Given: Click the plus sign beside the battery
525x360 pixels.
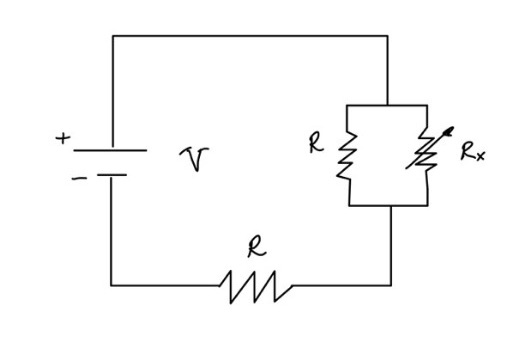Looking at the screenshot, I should pyautogui.click(x=63, y=140).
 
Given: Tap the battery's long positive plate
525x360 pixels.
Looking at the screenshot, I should pyautogui.click(x=110, y=152).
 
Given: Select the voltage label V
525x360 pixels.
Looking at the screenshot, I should pyautogui.click(x=191, y=158).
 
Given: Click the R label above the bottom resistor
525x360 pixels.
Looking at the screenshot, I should pyautogui.click(x=256, y=248).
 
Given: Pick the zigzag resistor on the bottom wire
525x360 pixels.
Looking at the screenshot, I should pyautogui.click(x=256, y=287).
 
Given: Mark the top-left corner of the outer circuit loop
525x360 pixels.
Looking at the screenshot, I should pyautogui.click(x=113, y=36).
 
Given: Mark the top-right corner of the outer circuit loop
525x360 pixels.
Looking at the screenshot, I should pyautogui.click(x=387, y=36).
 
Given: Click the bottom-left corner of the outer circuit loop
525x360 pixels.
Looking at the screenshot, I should pyautogui.click(x=112, y=285).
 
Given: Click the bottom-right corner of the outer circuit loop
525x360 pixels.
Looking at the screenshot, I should pyautogui.click(x=390, y=285).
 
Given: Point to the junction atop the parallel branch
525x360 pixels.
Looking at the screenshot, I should pyautogui.click(x=387, y=103).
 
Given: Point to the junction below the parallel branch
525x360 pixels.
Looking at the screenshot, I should pyautogui.click(x=390, y=205).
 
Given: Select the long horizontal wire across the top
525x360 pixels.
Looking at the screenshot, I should pyautogui.click(x=250, y=36).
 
